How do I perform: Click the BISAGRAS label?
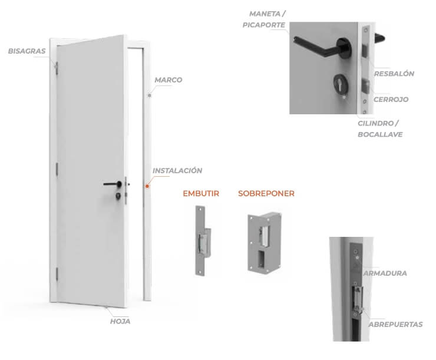[27, 51]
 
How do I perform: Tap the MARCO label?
[169, 80]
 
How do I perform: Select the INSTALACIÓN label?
[177, 171]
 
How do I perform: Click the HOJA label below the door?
[120, 321]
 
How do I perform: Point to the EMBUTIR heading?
[201, 193]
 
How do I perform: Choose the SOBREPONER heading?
[266, 193]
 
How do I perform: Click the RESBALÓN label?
[394, 74]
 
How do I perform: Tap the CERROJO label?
[391, 100]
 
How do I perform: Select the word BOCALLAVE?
[380, 134]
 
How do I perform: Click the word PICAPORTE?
[264, 25]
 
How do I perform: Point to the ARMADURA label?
[385, 273]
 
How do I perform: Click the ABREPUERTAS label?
[396, 325]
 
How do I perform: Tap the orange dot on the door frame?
[147, 186]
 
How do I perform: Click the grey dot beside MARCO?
[149, 95]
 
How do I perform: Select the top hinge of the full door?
[57, 68]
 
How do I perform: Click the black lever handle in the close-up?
[323, 47]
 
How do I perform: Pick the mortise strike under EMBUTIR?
[203, 241]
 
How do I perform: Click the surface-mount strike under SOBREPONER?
[265, 243]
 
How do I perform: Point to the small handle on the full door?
[113, 184]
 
